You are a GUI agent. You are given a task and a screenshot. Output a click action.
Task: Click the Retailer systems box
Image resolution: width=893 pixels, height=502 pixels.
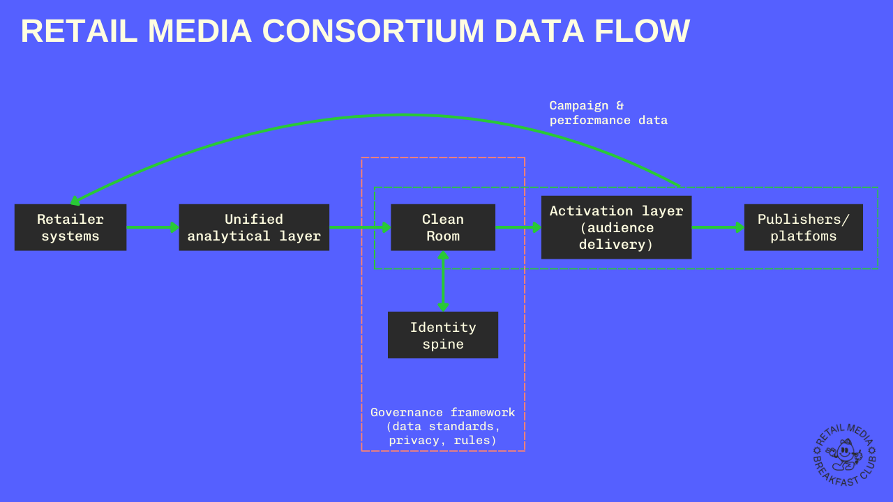tap(70, 227)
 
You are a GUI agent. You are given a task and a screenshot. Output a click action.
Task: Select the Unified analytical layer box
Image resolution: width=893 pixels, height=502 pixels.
tap(254, 227)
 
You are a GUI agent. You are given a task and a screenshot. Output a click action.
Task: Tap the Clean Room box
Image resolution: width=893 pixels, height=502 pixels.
tap(443, 227)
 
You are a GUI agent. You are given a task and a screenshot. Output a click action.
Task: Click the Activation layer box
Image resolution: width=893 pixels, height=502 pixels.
tap(616, 227)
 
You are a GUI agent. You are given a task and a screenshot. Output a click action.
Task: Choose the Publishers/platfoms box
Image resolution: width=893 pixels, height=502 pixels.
tap(803, 227)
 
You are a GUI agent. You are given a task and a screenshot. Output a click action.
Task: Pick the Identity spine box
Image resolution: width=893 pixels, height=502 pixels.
tap(443, 335)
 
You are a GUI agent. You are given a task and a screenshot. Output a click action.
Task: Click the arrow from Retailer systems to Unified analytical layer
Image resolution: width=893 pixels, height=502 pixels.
tap(153, 227)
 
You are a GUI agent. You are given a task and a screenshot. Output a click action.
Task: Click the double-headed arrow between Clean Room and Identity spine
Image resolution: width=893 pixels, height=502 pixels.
tap(443, 281)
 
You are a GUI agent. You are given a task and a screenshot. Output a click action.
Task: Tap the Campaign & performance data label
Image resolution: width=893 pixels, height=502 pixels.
tap(608, 113)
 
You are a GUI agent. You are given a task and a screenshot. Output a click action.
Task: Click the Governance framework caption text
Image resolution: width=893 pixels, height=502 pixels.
tap(443, 426)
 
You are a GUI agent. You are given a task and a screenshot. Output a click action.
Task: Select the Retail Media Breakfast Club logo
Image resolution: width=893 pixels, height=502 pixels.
tap(844, 455)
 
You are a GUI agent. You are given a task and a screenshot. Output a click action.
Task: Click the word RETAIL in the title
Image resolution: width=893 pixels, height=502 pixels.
tap(79, 31)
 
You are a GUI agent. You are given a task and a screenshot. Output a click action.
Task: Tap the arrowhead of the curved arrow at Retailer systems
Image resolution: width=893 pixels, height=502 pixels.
tap(75, 201)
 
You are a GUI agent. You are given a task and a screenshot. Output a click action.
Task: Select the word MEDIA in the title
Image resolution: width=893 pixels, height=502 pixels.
tap(200, 31)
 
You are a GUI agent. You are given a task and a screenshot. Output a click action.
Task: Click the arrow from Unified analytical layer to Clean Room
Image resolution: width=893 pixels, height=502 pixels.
tap(359, 227)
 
